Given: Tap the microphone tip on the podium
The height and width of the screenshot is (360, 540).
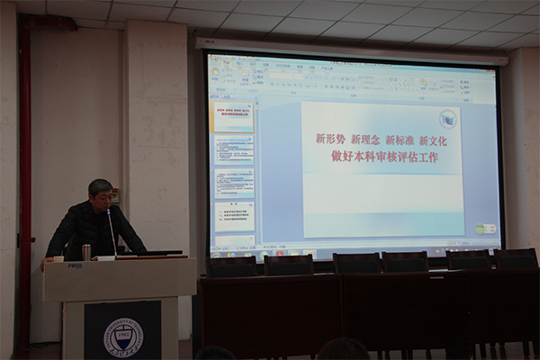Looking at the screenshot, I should click(109, 212).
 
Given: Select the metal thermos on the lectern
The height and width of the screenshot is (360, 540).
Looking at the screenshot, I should click(86, 252).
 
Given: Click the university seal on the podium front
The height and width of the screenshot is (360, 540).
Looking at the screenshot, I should click(123, 337).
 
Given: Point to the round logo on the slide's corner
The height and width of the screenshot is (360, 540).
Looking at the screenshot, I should click(447, 119).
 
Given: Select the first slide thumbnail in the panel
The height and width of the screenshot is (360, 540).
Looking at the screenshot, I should click(233, 116).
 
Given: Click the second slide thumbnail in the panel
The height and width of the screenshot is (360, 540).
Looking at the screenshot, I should click(233, 148).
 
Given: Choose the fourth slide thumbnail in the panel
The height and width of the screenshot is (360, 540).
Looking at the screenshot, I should click(233, 217).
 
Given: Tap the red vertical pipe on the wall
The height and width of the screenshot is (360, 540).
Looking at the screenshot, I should click(25, 180).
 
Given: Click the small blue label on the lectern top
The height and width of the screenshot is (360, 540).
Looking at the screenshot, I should click(74, 265).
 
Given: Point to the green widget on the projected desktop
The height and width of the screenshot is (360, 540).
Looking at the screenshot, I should click(486, 229).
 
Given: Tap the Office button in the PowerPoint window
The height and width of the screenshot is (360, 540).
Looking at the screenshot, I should click(215, 63).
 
